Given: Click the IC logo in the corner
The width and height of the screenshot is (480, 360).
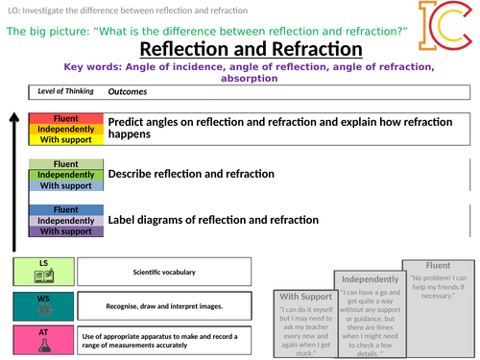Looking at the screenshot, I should (x=443, y=28).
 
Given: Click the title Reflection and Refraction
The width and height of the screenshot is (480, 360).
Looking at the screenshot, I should (x=251, y=49).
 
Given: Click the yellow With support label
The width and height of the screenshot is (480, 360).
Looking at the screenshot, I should (x=66, y=139).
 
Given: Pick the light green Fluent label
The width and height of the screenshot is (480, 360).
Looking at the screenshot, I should (x=66, y=164).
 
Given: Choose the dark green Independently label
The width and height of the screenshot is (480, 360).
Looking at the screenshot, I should (x=66, y=175).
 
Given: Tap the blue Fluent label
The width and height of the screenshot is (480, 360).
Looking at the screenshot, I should (x=66, y=209).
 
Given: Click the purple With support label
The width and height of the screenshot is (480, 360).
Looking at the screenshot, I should (x=66, y=231).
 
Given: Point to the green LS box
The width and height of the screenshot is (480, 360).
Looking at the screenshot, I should (x=43, y=272).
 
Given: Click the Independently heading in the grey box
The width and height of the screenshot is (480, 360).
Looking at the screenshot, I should (x=368, y=280).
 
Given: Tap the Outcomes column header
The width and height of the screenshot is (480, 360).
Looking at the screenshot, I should (x=128, y=92).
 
